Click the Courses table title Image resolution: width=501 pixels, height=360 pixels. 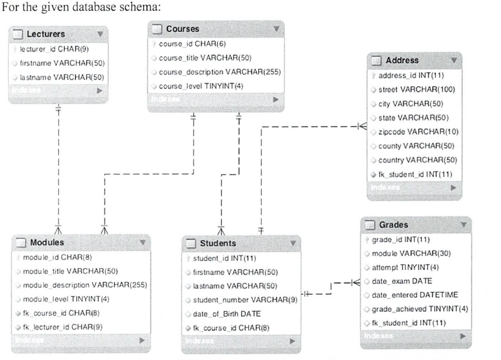coord(183,28)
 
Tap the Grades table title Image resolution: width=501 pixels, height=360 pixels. coord(394,225)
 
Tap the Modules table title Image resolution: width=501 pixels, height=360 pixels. coord(47,242)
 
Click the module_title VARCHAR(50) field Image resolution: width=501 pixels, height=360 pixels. coord(70,270)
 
